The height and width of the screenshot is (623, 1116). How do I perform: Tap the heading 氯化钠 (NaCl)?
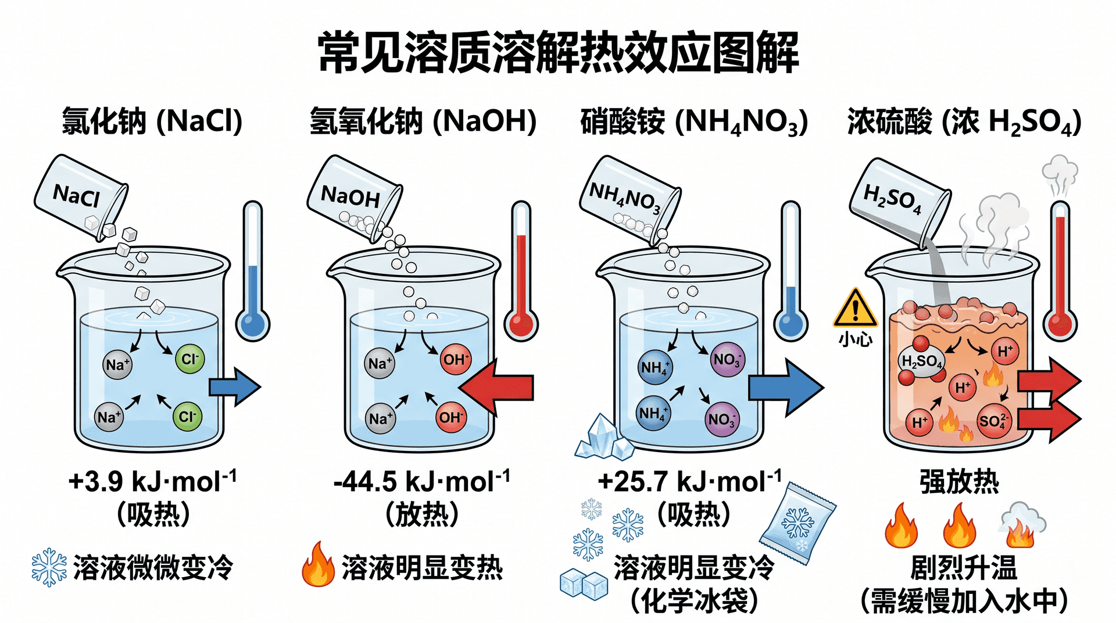(x=152, y=121)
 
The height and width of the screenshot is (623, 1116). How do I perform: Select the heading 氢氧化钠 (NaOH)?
(x=423, y=121)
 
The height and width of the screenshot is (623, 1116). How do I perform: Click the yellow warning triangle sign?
(x=855, y=308)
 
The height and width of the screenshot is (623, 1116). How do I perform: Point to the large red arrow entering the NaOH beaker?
(x=496, y=387)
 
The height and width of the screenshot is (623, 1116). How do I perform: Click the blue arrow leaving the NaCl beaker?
(x=235, y=386)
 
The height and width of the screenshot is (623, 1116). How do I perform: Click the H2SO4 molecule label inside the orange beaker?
(x=921, y=361)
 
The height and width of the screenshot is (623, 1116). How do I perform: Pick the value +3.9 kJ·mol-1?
(x=152, y=481)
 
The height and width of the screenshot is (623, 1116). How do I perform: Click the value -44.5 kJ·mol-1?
(x=422, y=481)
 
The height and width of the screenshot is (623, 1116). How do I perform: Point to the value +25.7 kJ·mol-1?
(x=689, y=481)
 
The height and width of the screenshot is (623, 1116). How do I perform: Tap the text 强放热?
(x=959, y=482)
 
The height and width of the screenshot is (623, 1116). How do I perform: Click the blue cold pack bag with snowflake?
(x=797, y=524)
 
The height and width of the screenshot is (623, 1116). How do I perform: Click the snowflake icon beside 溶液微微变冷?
(x=49, y=567)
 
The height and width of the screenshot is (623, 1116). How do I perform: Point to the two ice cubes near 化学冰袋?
(x=584, y=584)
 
